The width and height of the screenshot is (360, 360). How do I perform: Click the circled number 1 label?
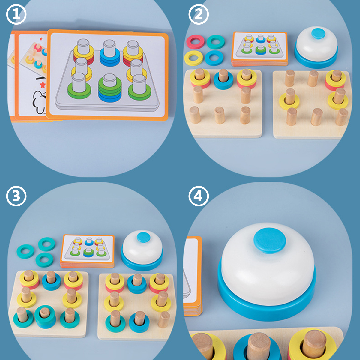[16, 14]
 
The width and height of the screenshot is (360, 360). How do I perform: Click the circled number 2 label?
[199, 14]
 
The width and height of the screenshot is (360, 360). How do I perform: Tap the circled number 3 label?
[16, 196]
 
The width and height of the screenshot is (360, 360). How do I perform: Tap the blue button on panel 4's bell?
[269, 241]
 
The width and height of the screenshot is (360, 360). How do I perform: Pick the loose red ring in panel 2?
[195, 41]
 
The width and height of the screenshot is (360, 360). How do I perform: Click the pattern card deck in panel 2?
[260, 48]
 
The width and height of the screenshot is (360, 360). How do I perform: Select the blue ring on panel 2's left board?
[223, 81]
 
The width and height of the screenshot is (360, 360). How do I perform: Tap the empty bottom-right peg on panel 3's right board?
[164, 319]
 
